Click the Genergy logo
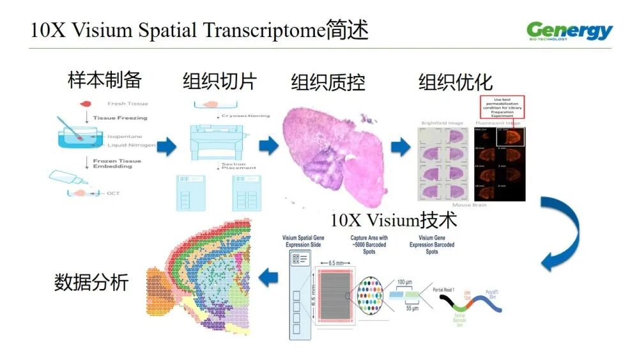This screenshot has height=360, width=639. [x=569, y=31]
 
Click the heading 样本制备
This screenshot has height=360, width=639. [x=105, y=81]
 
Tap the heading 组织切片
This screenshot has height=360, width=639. [x=219, y=81]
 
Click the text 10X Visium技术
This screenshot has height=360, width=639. [x=394, y=221]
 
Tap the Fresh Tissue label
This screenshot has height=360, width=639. [x=128, y=104]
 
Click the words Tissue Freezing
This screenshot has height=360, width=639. [x=120, y=118]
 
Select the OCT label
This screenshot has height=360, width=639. [x=114, y=193]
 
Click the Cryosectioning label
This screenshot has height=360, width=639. [x=245, y=116]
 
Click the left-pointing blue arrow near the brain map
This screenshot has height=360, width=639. [x=268, y=278]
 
